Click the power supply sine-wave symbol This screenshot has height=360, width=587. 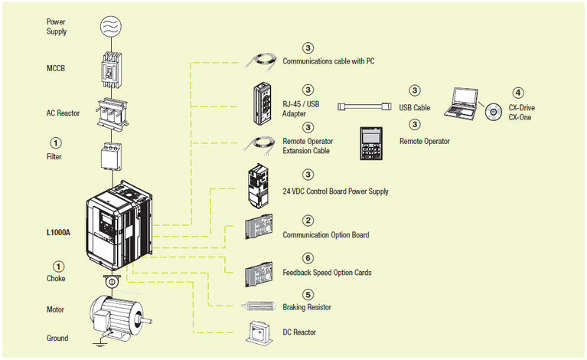[112, 25]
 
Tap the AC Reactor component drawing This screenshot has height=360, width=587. [112, 113]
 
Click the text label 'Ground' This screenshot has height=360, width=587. [57, 338]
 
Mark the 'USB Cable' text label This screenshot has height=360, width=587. [414, 108]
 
